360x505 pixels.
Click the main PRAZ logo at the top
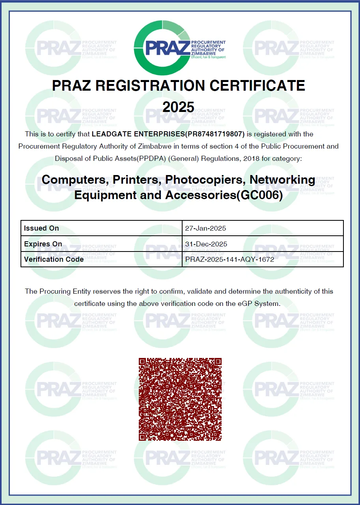(180, 47)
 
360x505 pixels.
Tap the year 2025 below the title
(179, 107)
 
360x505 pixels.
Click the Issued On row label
(41, 228)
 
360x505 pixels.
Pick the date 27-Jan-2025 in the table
(205, 228)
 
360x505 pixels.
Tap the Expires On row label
(43, 244)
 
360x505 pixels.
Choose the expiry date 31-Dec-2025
(206, 244)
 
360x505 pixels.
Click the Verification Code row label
(54, 259)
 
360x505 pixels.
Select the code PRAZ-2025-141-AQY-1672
(229, 259)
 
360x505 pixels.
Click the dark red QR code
(180, 399)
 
